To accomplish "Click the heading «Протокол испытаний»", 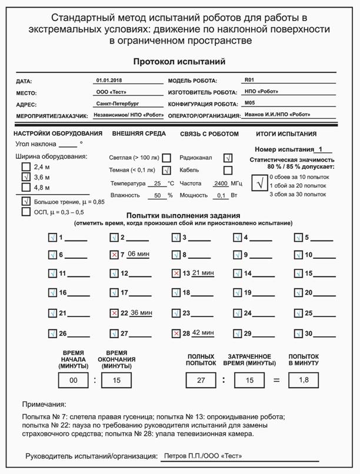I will (179, 61).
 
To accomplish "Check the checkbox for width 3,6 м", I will (26, 177).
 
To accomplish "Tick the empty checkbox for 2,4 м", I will (26, 167).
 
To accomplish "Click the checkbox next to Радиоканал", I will (228, 158).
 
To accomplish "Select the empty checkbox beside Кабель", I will (228, 171).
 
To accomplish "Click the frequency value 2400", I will (221, 183).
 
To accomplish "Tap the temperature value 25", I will (157, 183).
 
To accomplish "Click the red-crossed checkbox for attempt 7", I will (114, 255).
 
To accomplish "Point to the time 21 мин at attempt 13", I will (203, 273).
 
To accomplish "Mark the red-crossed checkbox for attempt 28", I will (175, 333).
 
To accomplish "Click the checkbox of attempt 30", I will (299, 333).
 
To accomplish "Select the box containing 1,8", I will (304, 380).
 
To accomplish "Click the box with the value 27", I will (201, 380).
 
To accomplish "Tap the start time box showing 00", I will (74, 380).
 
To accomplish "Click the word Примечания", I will (44, 405).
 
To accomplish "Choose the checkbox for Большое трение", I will (26, 201).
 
